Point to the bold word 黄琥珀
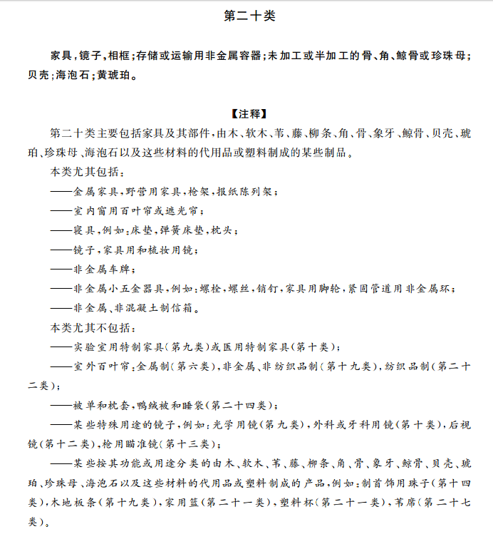click(115, 73)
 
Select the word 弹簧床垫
click(187, 230)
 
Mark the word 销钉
click(268, 289)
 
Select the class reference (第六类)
click(190, 366)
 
